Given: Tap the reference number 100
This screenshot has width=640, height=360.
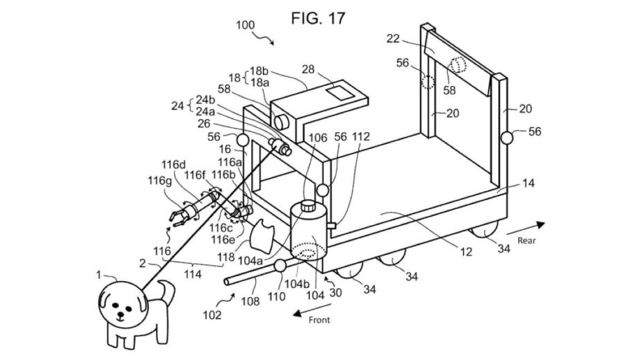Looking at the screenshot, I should (x=246, y=25).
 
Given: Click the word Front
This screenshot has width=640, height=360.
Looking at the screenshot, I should (x=319, y=320).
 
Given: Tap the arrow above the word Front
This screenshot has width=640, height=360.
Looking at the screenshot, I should (x=305, y=312).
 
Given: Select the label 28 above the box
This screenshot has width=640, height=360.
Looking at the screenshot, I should (x=309, y=71).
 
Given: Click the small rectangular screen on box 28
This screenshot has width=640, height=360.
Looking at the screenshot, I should (x=338, y=92).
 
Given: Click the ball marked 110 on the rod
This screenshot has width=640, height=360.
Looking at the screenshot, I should (x=281, y=266).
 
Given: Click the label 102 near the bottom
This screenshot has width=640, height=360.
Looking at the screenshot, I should (x=212, y=315).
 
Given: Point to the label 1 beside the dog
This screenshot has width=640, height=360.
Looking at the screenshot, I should (x=99, y=276).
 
